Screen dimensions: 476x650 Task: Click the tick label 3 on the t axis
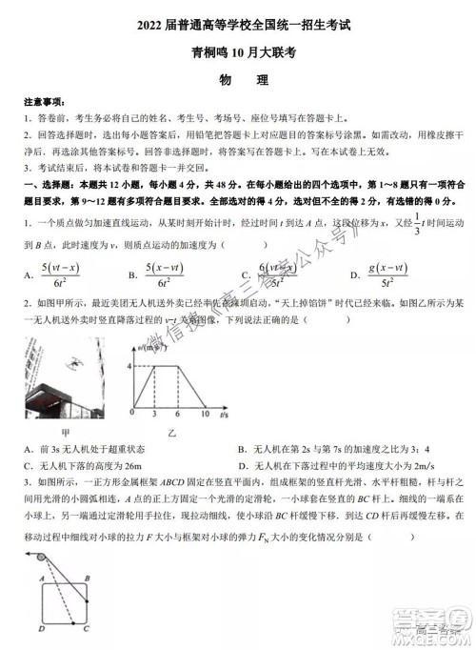click(x=153, y=415)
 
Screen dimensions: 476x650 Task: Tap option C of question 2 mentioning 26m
click(x=91, y=466)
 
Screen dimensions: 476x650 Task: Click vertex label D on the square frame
click(x=30, y=628)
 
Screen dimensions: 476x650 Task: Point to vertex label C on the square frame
click(x=87, y=628)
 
